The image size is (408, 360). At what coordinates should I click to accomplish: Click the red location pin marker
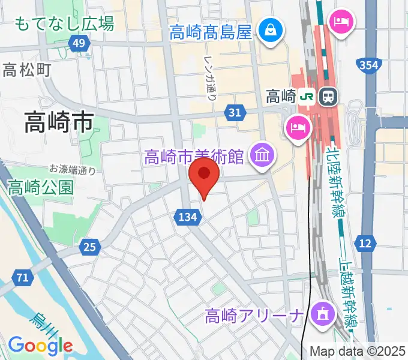click(x=204, y=175)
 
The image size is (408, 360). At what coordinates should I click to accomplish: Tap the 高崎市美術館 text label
click(x=193, y=157)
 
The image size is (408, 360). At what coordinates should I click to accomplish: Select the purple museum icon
click(x=262, y=156)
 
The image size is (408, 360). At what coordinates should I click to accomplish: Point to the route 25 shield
click(x=89, y=246)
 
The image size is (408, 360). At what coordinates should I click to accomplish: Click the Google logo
click(x=40, y=346)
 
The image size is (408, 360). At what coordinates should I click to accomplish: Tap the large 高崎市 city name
click(x=58, y=123)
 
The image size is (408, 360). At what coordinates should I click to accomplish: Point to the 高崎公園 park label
click(x=41, y=187)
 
